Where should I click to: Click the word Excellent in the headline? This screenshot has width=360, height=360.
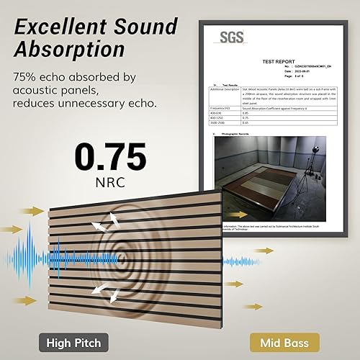point(56,27)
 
